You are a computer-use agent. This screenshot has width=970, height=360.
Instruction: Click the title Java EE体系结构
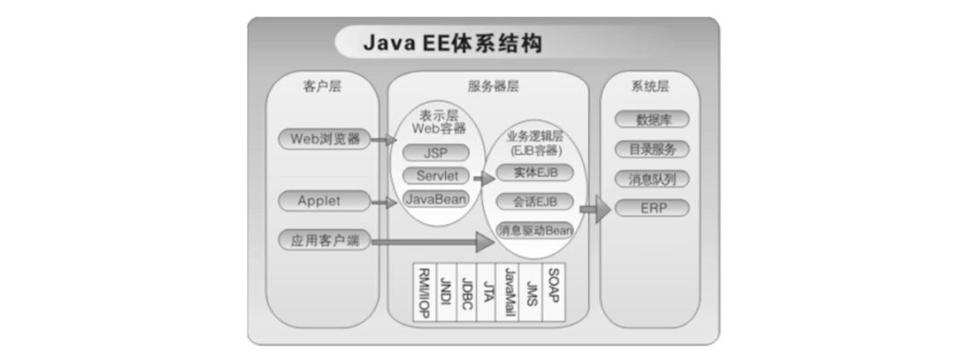[451, 43]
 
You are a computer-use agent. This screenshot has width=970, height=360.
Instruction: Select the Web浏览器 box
[324, 139]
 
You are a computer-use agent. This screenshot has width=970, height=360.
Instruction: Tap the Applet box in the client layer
[320, 201]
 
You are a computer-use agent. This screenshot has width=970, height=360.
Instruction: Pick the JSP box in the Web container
[435, 153]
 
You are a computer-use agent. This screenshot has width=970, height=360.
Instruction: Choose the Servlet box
[436, 176]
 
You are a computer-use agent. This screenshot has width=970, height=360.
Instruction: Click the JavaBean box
[435, 199]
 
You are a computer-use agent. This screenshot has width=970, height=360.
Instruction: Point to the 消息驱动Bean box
[534, 230]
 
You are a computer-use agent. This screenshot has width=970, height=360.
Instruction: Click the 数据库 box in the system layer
[652, 120]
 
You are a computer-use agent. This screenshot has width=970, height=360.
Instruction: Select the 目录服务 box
[652, 149]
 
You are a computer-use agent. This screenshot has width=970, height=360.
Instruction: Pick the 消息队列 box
[652, 178]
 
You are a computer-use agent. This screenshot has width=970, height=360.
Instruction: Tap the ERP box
[652, 208]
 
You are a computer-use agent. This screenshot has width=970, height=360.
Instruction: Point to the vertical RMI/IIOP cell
[424, 291]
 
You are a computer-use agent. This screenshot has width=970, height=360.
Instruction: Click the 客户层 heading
[322, 86]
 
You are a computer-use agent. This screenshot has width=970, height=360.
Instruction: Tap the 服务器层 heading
[493, 86]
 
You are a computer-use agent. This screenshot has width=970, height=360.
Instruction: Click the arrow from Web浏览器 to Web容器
[384, 140]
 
